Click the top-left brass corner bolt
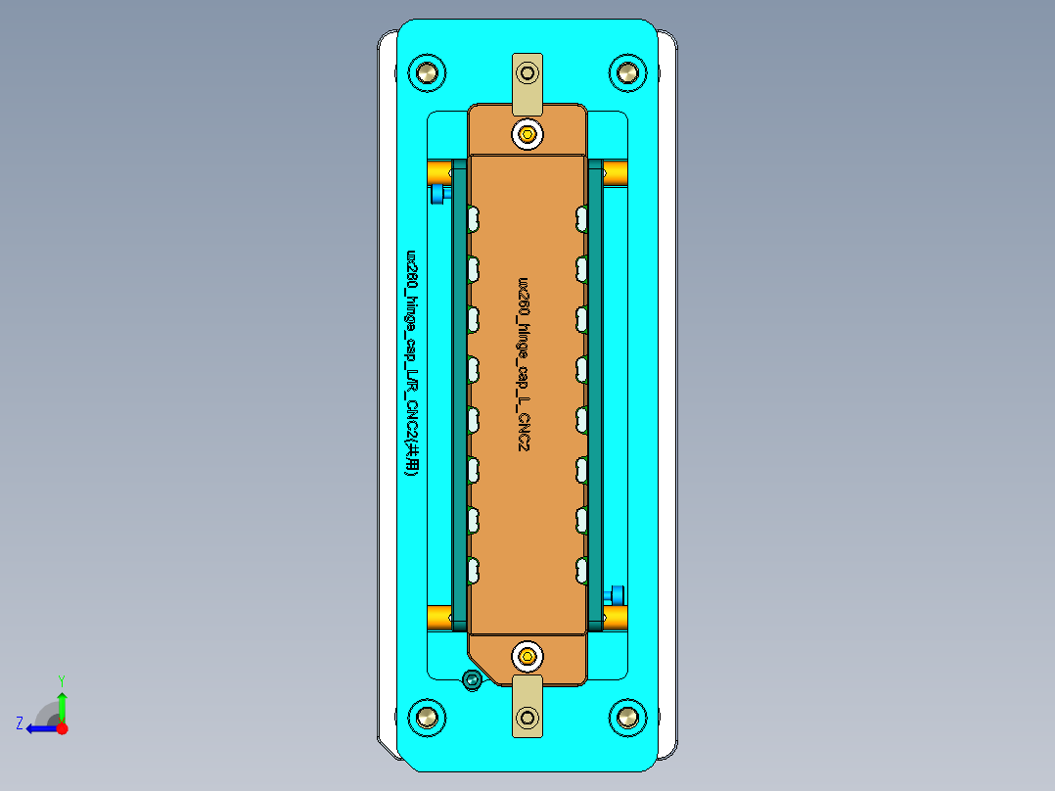pos(427,72)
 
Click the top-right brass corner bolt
pos(627,72)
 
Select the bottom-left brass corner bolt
pos(427,717)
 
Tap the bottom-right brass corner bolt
pos(627,717)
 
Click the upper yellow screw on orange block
pos(528,134)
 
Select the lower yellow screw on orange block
pos(528,656)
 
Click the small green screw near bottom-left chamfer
pos(473,679)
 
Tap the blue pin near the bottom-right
pos(616,594)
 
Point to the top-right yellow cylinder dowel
pos(615,174)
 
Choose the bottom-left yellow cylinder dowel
pos(439,618)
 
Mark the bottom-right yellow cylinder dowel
pos(615,617)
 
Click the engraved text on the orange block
pos(525,362)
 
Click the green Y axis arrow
pos(62,702)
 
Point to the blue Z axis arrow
pos(39,728)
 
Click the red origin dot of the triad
pos(62,728)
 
